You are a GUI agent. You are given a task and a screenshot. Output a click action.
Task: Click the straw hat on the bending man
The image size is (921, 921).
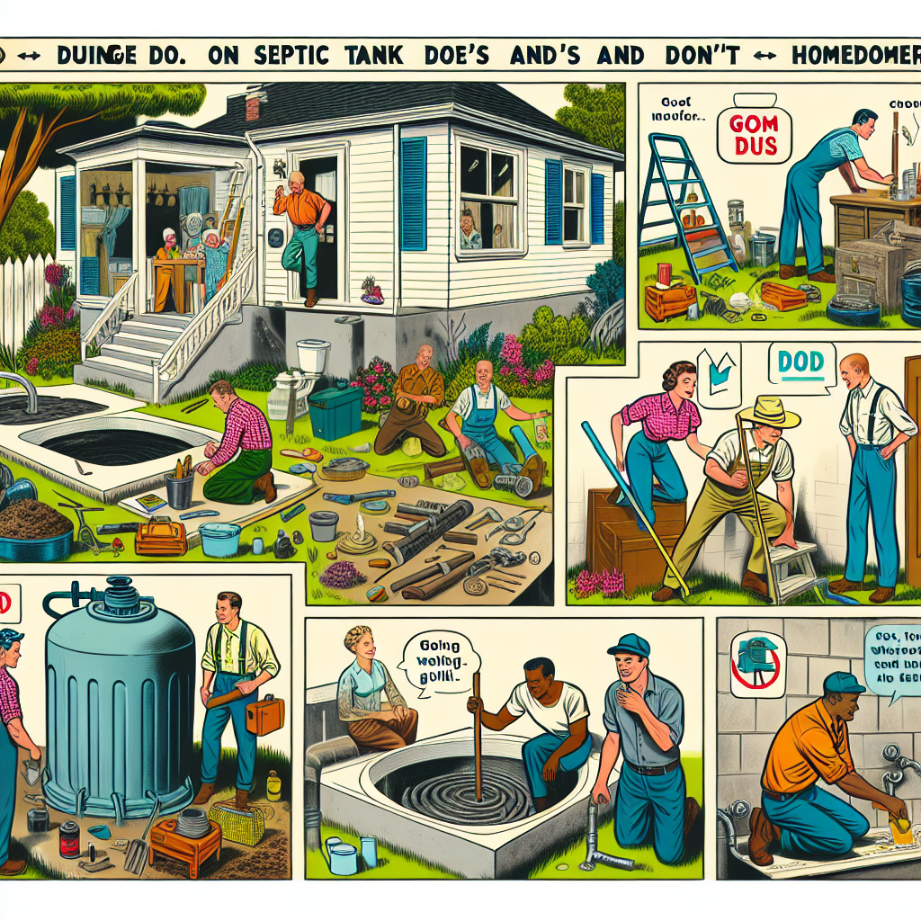coord(768,412)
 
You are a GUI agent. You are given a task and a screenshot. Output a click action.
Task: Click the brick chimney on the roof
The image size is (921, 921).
coord(253,107)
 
